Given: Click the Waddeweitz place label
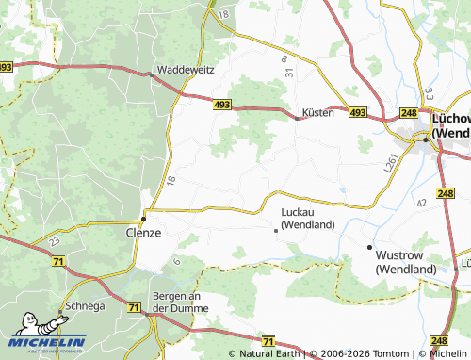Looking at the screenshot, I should coord(185,70).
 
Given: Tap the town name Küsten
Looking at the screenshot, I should coord(317,112).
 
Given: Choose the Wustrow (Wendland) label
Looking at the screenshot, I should coord(406,262).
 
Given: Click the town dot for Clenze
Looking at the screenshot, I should coord(143,217).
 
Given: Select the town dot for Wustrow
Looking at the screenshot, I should coord(369,247).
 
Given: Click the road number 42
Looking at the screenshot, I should coord(421,203).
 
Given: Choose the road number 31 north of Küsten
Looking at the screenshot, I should coord(290,73).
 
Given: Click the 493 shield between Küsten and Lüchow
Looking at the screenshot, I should coord(357,112).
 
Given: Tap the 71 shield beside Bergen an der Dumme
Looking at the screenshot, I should coord(133,307).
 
